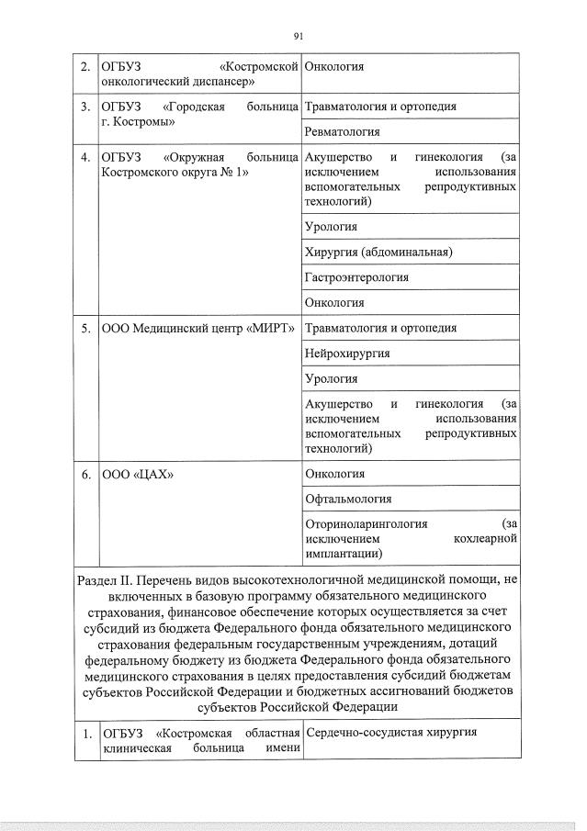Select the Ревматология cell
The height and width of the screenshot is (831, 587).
tap(342, 132)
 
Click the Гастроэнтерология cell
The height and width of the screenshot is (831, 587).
tap(356, 276)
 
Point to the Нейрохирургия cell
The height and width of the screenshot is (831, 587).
tap(347, 353)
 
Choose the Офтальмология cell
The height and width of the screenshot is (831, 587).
tap(348, 499)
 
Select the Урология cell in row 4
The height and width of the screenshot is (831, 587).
tap(331, 227)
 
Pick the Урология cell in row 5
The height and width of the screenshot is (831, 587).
tap(331, 378)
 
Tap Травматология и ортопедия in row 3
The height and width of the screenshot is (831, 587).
tap(380, 107)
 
